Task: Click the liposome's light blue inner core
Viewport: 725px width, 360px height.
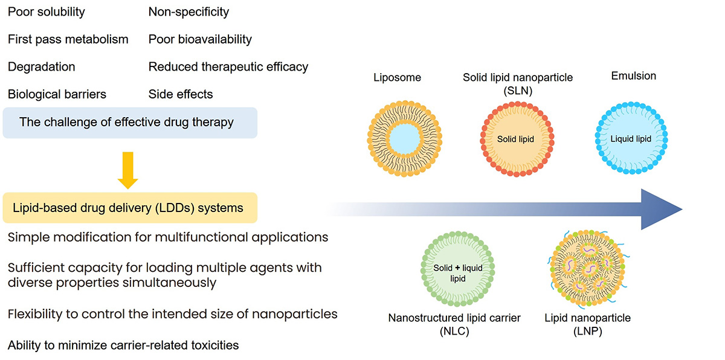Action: point(405,140)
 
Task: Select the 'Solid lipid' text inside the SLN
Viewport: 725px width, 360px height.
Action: point(515,140)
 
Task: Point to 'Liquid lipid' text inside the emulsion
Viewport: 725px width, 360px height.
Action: point(631,139)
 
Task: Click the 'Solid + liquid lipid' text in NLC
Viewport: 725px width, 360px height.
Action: point(457,272)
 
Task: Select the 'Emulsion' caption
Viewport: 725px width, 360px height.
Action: point(633,76)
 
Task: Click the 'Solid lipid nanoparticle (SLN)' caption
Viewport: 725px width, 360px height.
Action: point(518,83)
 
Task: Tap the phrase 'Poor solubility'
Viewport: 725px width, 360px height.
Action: point(46,11)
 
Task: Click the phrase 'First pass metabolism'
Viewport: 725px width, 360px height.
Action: point(68,39)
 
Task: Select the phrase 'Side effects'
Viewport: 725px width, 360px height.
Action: point(180,94)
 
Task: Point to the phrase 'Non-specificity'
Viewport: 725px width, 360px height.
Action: point(188,11)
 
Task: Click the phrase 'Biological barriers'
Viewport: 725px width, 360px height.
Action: point(57,94)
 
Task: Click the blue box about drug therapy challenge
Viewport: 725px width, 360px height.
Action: point(130,123)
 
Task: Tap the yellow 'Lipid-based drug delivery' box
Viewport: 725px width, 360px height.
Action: point(130,208)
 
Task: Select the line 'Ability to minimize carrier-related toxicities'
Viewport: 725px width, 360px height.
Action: point(123,346)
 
